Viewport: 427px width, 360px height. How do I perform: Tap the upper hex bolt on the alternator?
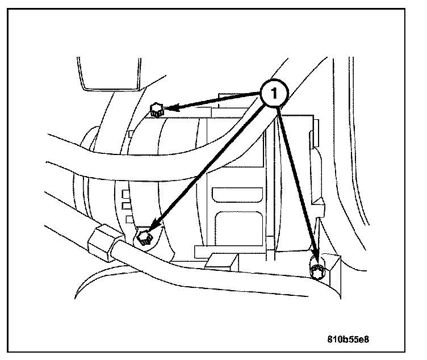[156, 109]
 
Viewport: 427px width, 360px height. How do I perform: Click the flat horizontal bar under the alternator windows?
[233, 250]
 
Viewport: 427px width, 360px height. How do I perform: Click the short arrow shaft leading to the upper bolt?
[219, 101]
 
